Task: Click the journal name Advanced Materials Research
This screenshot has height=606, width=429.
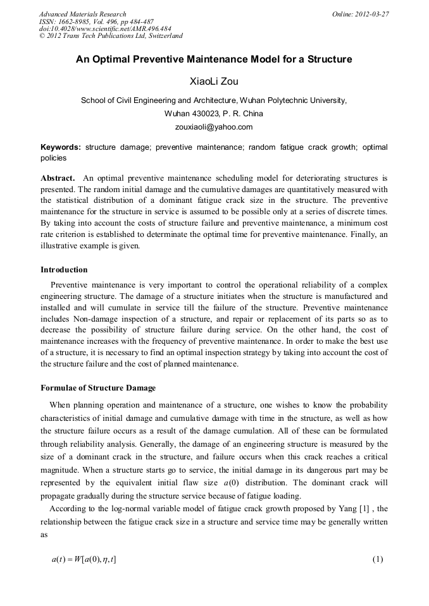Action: [x=82, y=14]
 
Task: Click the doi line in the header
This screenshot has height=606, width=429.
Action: [x=105, y=28]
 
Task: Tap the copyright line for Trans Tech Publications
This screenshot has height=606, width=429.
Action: [x=111, y=36]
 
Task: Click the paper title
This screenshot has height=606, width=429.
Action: [x=214, y=60]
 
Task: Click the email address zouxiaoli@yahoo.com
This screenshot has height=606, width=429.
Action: [x=214, y=126]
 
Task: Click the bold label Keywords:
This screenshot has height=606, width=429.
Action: [x=61, y=147]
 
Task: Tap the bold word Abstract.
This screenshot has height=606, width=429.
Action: [x=58, y=178]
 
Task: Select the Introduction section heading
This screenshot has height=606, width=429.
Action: [x=64, y=270]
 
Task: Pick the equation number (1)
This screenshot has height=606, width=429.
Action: [x=378, y=559]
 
